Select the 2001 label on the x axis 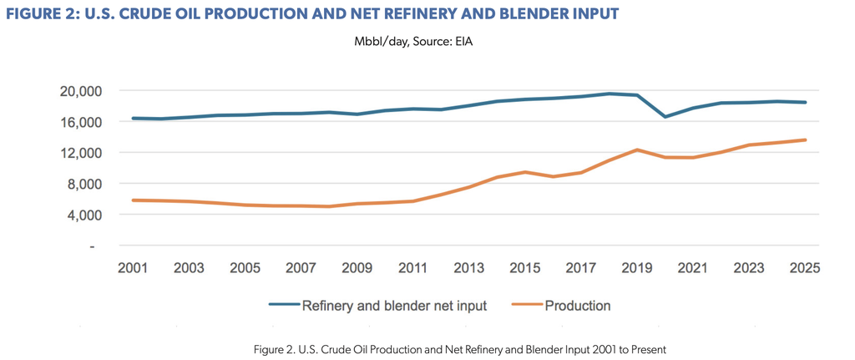tap(133, 268)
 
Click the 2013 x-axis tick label tap(468, 268)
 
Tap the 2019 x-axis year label tap(636, 268)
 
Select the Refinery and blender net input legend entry tap(378, 306)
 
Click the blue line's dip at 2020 tap(665, 117)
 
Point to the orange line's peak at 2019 tap(636, 150)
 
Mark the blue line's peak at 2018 tap(609, 94)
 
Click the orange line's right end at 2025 tap(805, 140)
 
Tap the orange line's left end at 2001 tap(133, 200)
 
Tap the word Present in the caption tap(647, 348)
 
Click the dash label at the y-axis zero tap(92, 246)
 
